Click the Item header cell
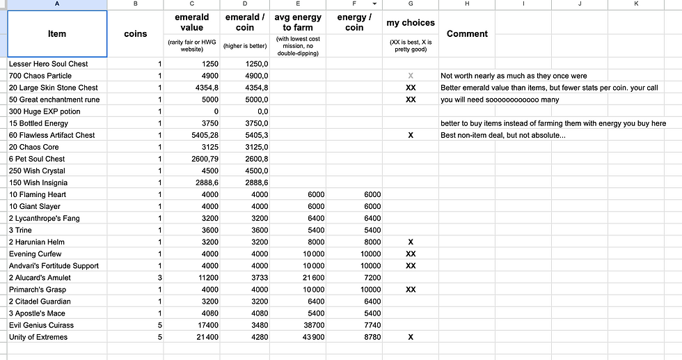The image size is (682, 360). pos(57,33)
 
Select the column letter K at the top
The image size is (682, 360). pos(636,4)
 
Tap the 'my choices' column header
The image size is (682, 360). pos(411,23)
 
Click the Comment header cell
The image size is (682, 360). pos(467,33)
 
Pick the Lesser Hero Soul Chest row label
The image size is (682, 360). pos(49,64)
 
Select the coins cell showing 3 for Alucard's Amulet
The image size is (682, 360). pos(159,278)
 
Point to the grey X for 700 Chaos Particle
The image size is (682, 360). pos(411,76)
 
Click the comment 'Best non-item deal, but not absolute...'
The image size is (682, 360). pos(503,135)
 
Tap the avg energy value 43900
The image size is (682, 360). pos(310,337)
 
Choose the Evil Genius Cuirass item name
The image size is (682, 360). pos(41,325)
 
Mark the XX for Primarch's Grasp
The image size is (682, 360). pos(411,290)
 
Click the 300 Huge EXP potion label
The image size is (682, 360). pos(45,111)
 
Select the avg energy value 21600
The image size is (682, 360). pos(310,278)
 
